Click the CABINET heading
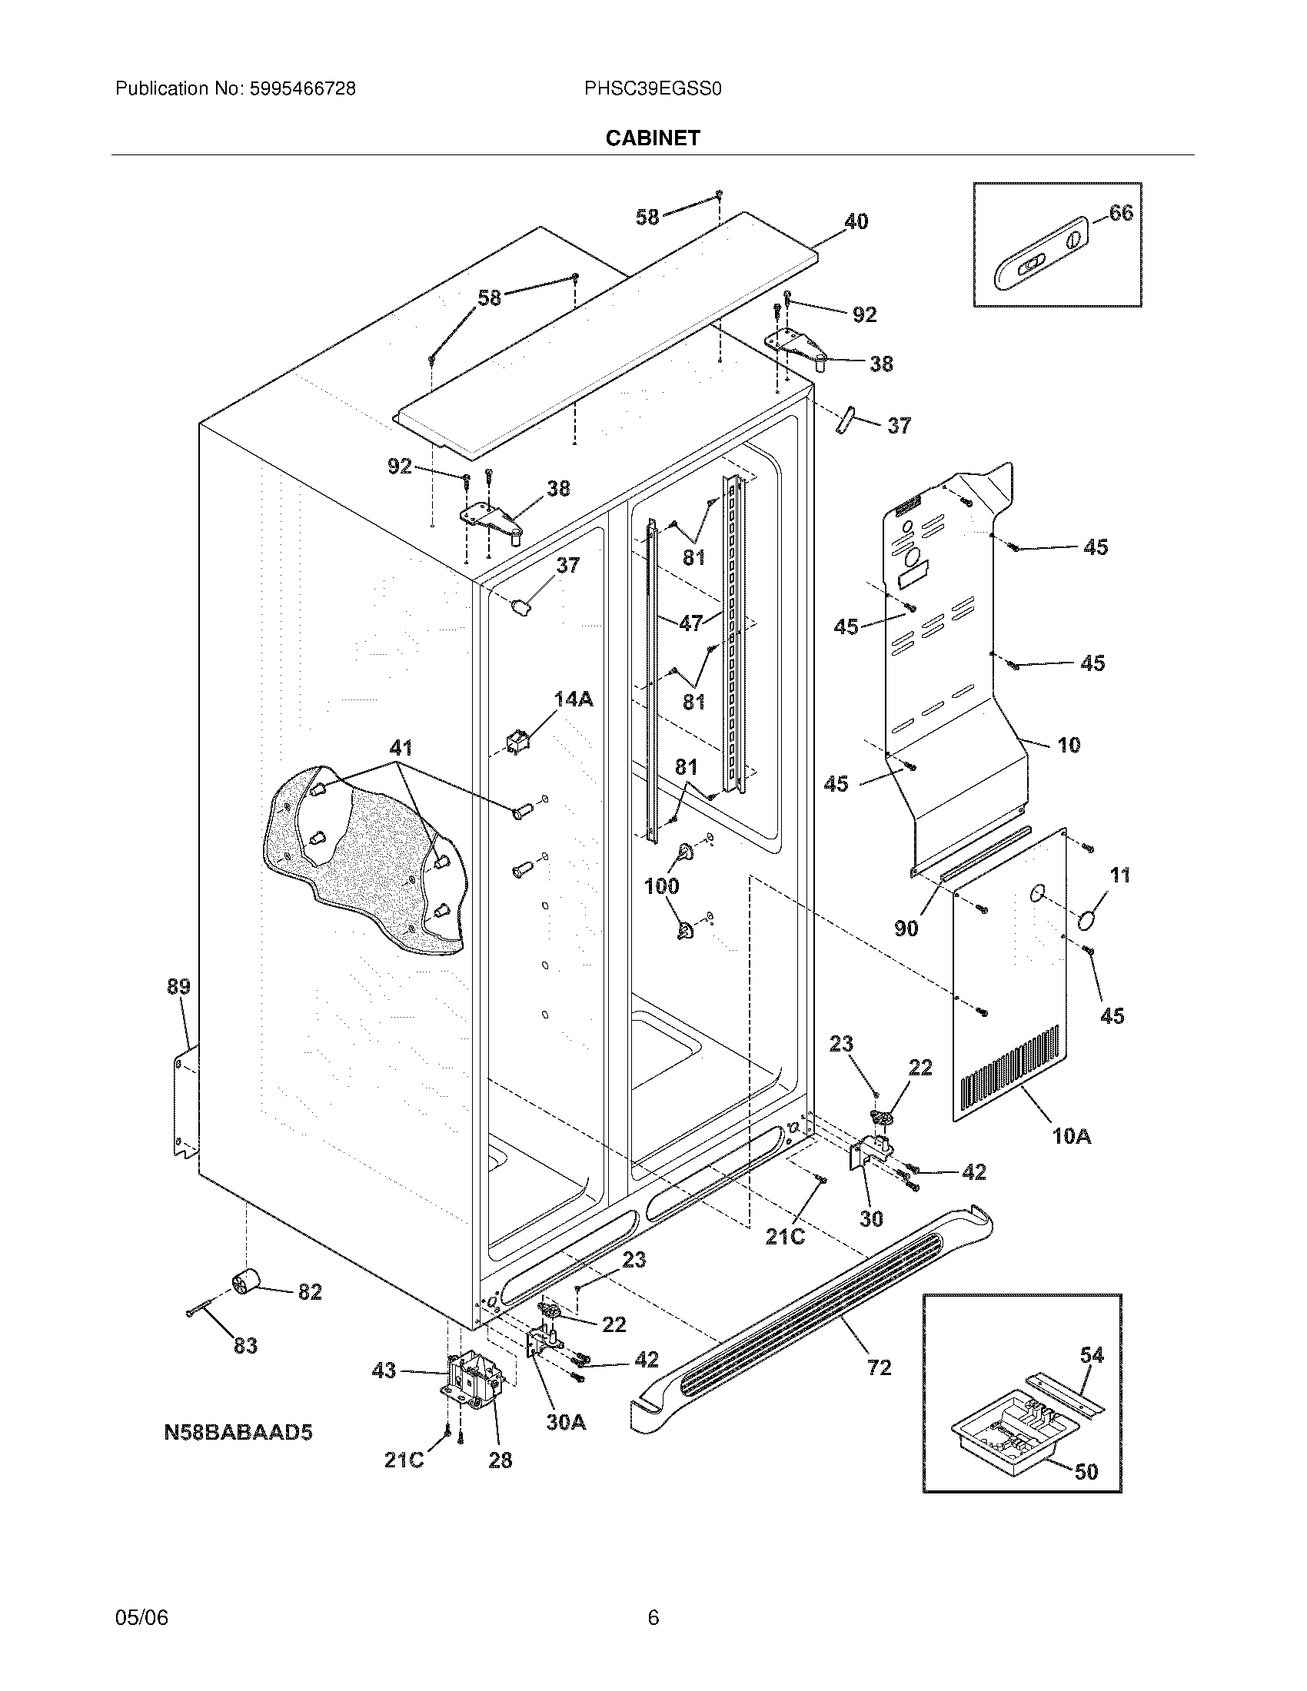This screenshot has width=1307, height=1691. coord(652,138)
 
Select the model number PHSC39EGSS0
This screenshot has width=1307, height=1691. coord(653,89)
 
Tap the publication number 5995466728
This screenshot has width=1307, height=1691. coord(302,89)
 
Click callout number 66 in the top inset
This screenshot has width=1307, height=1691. coord(1120,212)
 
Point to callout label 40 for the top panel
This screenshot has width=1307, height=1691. coord(856,221)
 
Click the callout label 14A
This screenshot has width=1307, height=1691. coord(573,699)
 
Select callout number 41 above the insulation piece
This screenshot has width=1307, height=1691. coord(401,748)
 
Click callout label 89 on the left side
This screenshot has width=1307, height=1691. coord(178,986)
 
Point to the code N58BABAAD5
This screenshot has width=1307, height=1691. coord(238,1433)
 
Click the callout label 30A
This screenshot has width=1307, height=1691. coord(566,1422)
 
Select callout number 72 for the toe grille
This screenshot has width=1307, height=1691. coord(880,1368)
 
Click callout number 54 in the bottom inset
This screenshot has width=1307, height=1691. coord(1092,1355)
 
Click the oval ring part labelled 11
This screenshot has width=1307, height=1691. coord(1089,921)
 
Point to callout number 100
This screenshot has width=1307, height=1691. coord(661,885)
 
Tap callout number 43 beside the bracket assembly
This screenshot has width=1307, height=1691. coord(384,1370)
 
